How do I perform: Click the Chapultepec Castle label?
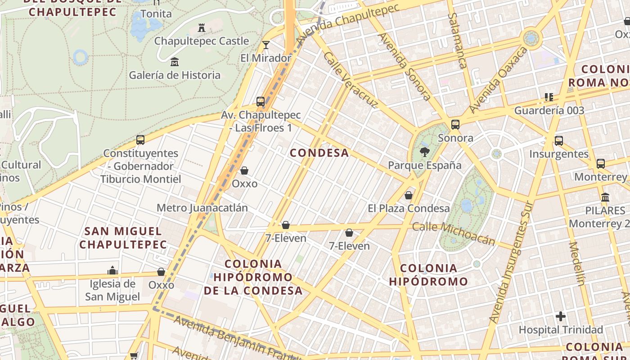point(201,41)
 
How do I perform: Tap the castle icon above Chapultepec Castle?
point(202,28)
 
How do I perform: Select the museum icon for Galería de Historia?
point(175,62)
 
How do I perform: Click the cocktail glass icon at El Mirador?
point(266,45)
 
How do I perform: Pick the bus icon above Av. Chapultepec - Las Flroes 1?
point(261,102)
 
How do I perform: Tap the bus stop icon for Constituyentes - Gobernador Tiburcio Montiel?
point(140,140)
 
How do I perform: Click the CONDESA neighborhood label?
point(319,153)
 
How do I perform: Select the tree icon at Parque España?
point(424,152)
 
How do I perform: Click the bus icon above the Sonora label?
point(455,125)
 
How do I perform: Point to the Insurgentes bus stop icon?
point(559,141)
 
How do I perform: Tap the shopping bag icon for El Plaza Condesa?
point(409,195)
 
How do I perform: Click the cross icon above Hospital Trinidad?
point(560,316)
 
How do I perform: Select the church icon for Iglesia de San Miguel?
point(112,270)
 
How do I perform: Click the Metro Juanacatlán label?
point(202,208)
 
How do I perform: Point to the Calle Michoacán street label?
point(454,234)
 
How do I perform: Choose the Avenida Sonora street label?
point(405,66)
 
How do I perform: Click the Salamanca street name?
point(456,40)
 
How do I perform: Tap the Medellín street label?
point(576,264)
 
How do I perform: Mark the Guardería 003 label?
point(549,110)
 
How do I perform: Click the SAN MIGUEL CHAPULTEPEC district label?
point(123,238)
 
